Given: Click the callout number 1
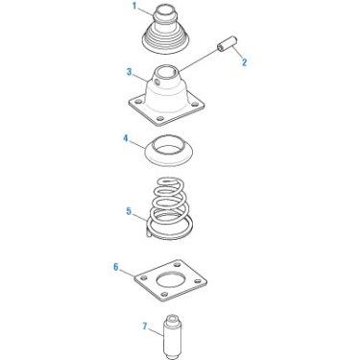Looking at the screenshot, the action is click(134, 6).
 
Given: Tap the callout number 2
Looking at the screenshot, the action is click(245, 62).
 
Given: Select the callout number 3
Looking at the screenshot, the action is click(129, 72).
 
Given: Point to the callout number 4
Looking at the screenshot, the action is click(126, 138).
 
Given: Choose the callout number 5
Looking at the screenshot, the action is click(129, 211).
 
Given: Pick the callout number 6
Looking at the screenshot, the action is click(116, 267).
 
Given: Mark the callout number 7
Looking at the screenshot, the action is click(145, 326).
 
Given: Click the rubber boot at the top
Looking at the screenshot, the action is click(166, 31).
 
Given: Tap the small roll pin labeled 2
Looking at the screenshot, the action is click(227, 44).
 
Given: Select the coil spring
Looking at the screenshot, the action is click(170, 208).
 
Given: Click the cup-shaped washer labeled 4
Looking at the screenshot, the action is click(169, 151).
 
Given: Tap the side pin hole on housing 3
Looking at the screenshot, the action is click(156, 83).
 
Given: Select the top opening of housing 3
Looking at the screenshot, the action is click(168, 70).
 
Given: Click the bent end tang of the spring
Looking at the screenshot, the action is click(148, 228).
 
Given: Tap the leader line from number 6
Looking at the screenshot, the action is click(127, 273).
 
